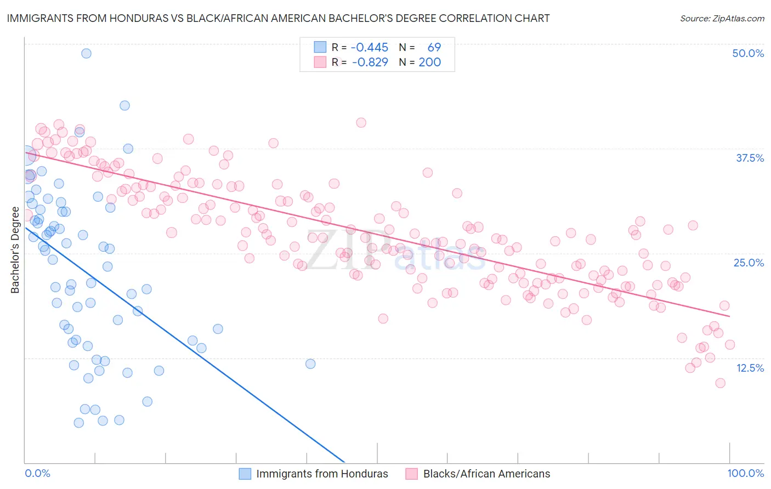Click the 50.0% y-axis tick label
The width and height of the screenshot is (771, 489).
tap(748, 53)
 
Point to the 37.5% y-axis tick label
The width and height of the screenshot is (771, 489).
tap(749, 158)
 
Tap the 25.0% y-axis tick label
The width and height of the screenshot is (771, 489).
tap(749, 263)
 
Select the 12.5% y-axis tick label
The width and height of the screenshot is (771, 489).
tap(750, 368)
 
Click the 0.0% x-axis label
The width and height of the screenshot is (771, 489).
tap(37, 473)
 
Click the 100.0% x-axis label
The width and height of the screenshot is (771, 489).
tap(745, 473)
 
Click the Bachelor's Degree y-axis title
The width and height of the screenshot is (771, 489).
tap(15, 250)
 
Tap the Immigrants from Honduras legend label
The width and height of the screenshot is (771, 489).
tap(322, 474)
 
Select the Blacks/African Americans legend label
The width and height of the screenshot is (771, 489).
tap(486, 474)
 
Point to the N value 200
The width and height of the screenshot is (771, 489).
tap(429, 62)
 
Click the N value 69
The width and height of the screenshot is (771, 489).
tap(434, 47)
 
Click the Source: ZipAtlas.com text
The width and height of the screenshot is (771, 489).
tap(722, 18)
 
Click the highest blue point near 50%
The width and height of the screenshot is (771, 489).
tap(86, 53)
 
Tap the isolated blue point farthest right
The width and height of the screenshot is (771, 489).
tap(310, 363)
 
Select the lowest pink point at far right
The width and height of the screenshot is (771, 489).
tap(720, 383)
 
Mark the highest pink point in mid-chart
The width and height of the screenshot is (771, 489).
tap(361, 122)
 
